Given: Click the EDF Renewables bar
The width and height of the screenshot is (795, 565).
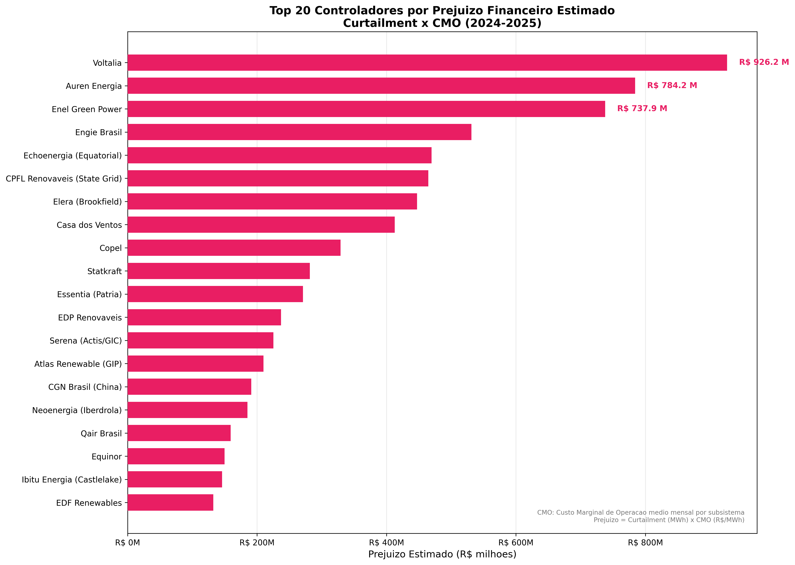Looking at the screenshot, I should point(170,502).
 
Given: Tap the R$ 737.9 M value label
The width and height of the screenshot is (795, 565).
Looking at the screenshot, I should point(642,108).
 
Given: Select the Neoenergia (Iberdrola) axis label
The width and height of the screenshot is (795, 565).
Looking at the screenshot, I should point(77,410).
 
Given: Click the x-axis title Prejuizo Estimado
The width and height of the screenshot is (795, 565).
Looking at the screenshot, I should point(442,554).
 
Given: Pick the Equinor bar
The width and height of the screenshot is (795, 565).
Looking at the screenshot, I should point(176,456).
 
